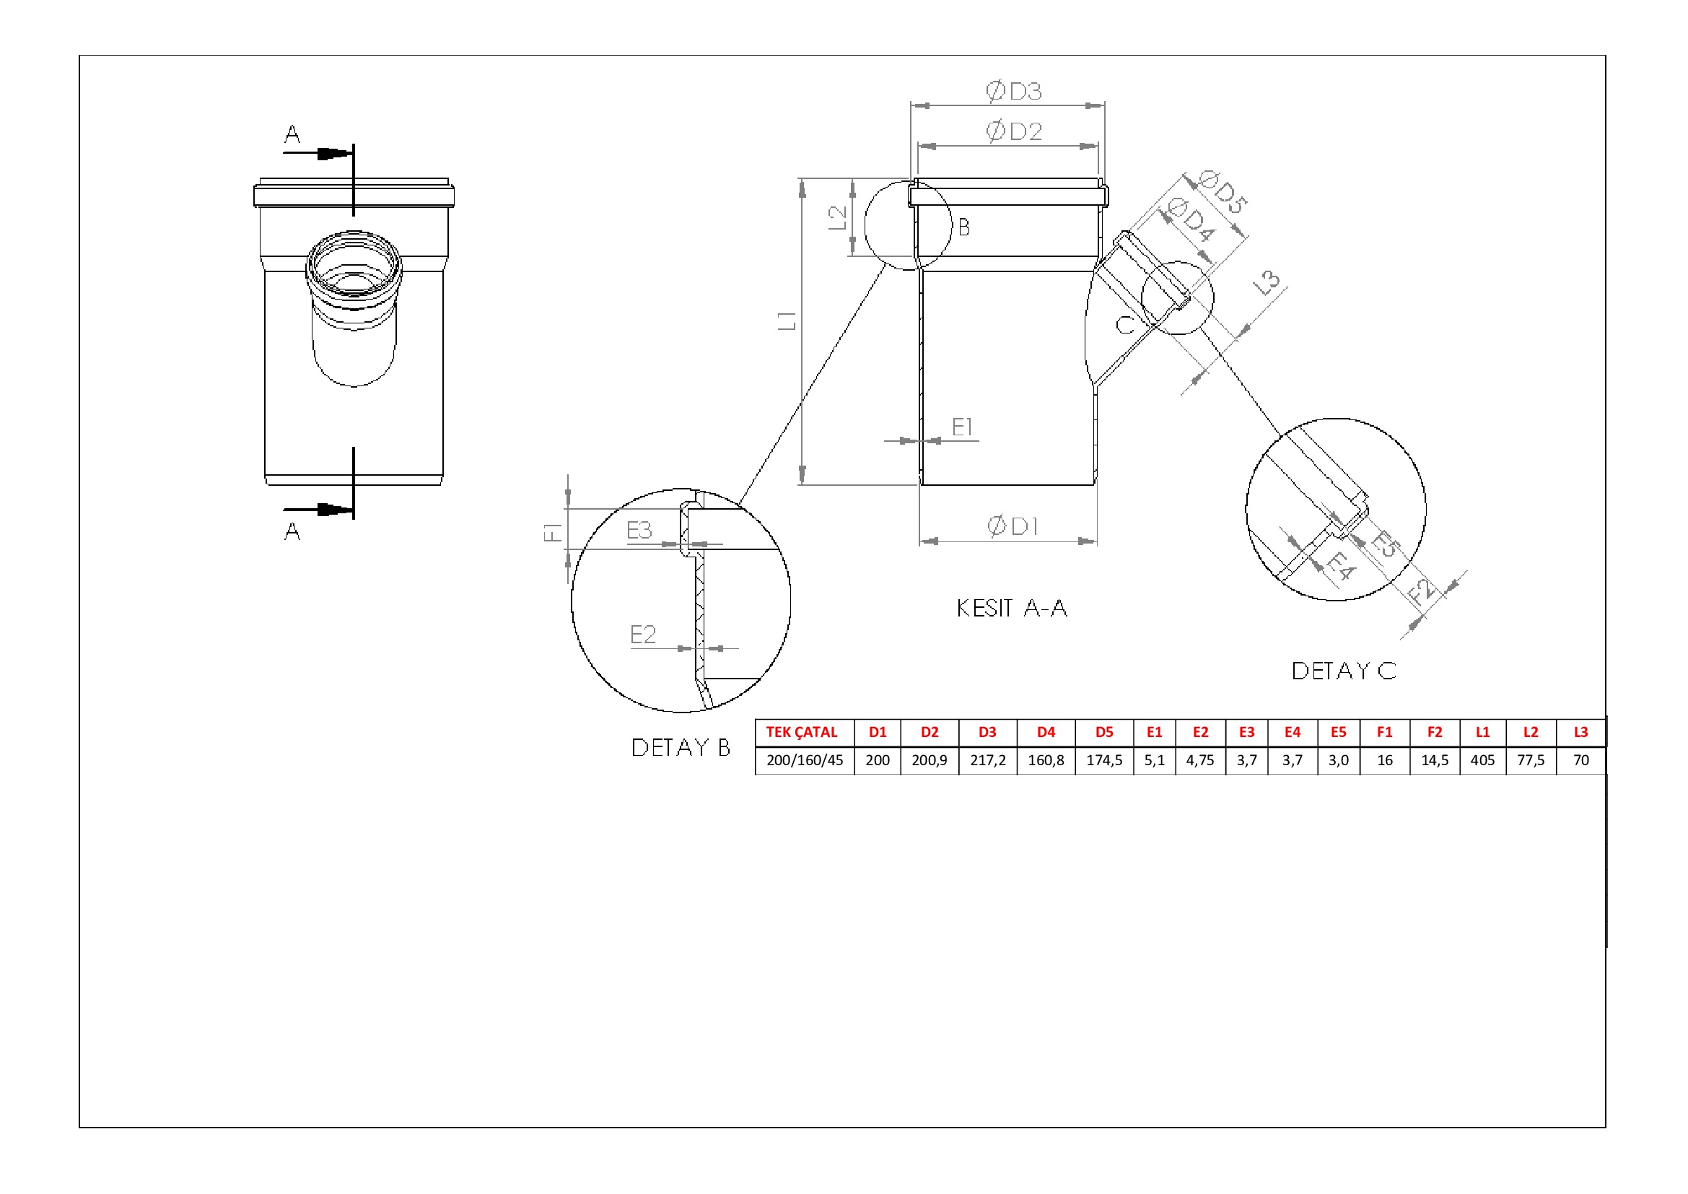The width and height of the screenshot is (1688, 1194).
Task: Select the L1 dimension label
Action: coord(787,321)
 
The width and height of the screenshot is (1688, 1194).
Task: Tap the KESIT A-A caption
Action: coord(1012,608)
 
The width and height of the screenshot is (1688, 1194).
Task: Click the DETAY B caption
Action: coord(681,747)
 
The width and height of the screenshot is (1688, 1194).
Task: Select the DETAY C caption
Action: coord(1344,671)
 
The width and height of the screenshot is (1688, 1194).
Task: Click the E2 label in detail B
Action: coord(642,634)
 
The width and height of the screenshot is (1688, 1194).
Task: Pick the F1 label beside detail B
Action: coord(553,531)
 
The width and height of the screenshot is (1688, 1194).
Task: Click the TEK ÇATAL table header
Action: coord(801,732)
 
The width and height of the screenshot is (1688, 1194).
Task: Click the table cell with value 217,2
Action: coord(987,760)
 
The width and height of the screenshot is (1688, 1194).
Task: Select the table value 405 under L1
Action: coord(1482,760)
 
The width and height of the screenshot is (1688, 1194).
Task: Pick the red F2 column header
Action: coord(1435,732)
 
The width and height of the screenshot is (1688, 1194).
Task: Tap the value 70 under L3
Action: coord(1580,760)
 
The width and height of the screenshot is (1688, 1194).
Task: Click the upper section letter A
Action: coord(292,134)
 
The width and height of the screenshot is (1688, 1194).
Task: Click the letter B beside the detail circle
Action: coord(964,227)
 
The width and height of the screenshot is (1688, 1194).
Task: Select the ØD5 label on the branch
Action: coord(1223,191)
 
